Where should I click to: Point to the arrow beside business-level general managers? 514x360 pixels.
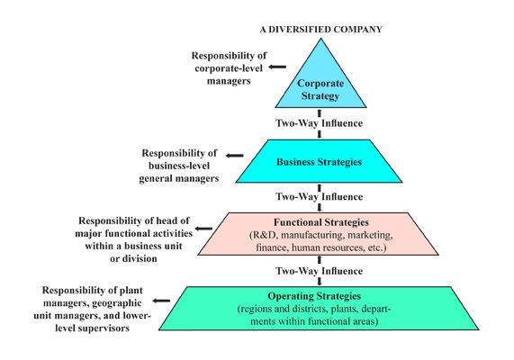[x=235, y=155]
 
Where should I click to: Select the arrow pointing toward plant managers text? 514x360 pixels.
[x=162, y=302]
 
